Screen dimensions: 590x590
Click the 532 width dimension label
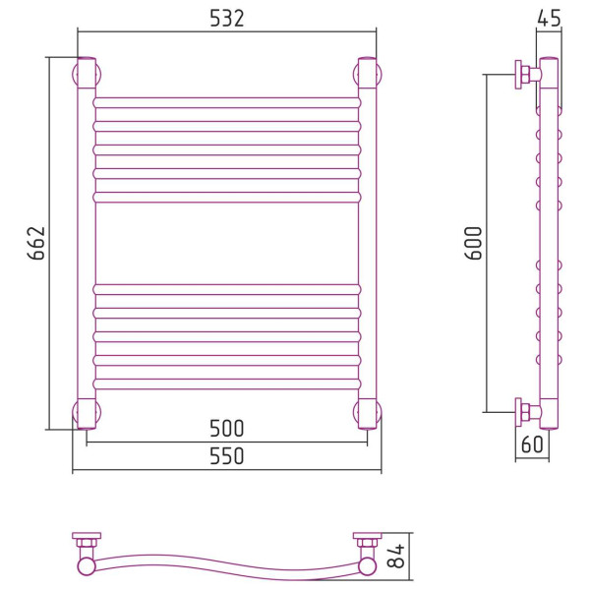pyautogui.click(x=226, y=18)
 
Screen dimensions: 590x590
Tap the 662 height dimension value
pyautogui.click(x=36, y=243)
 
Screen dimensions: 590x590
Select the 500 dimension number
pyautogui.click(x=226, y=428)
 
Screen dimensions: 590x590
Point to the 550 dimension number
pyautogui.click(x=226, y=455)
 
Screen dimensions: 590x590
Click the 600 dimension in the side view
pyautogui.click(x=473, y=243)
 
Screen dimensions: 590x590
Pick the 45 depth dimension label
pyautogui.click(x=549, y=18)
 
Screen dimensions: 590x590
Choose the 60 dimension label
pyautogui.click(x=532, y=444)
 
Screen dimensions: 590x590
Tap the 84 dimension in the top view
pyautogui.click(x=396, y=556)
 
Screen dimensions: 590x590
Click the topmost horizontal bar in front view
pyautogui.click(x=227, y=102)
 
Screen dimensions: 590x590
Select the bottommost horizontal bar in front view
pyautogui.click(x=227, y=384)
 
